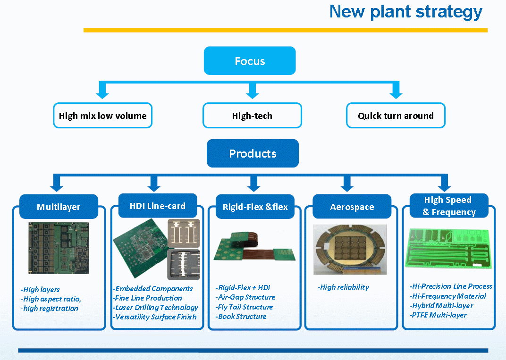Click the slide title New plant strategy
[x=405, y=11]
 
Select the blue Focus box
[x=250, y=61]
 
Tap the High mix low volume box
[x=102, y=116]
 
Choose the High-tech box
[x=252, y=116]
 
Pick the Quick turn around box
[x=396, y=116]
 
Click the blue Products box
[x=253, y=153]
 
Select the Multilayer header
[x=59, y=207]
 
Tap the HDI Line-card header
[x=158, y=206]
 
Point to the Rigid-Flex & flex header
[x=255, y=207]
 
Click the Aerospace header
[x=352, y=207]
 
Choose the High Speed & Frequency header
[x=448, y=206]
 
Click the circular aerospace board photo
[x=350, y=249]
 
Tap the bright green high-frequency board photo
[x=449, y=248]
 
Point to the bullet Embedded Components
[x=153, y=288]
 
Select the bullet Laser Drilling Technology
[x=156, y=307]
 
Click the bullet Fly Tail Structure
[x=244, y=307]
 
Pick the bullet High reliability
[x=343, y=287]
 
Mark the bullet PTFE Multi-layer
[x=438, y=315]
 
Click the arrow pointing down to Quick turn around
[x=396, y=91]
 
